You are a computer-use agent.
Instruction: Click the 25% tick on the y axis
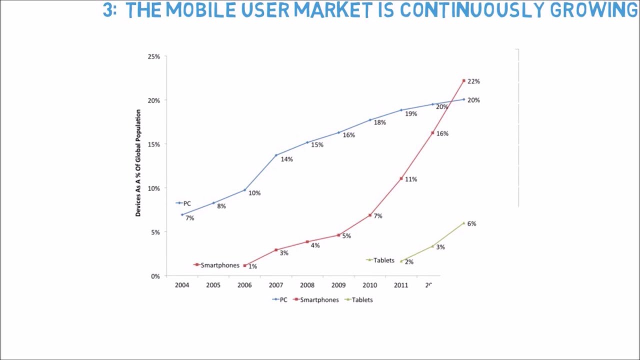153,56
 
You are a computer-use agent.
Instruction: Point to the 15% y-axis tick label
153,144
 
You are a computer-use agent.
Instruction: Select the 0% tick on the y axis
155,276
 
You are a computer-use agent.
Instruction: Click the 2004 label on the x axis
182,285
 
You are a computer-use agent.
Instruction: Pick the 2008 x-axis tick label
307,285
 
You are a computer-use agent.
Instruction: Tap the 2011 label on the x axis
401,285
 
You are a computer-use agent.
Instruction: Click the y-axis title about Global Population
138,163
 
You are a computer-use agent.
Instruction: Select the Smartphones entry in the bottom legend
319,300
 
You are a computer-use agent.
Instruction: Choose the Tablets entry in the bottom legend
362,300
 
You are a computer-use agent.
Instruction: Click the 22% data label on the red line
473,81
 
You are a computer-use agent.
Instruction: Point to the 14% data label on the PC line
286,159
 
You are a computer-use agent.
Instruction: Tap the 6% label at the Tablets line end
471,223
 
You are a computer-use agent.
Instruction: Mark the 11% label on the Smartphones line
411,179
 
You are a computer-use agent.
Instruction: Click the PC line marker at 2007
276,155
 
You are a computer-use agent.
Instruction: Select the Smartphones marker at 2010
370,215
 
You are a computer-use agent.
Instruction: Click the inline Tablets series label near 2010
383,260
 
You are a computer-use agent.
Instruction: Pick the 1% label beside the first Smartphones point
252,266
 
